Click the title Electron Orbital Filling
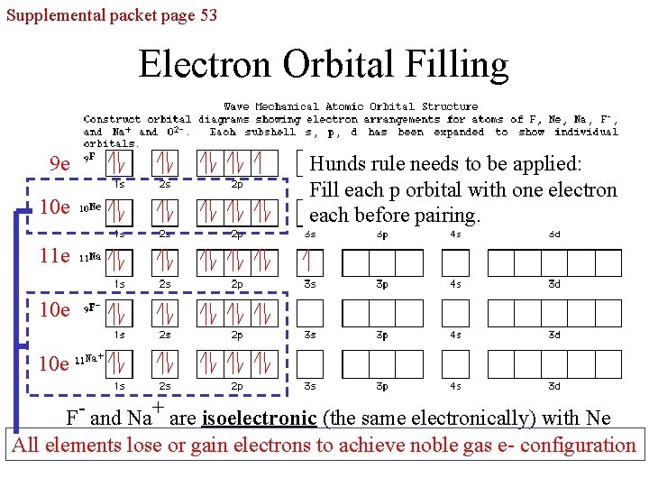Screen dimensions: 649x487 [x=324, y=65]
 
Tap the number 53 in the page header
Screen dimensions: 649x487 [x=205, y=14]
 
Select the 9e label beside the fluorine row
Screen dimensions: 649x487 [x=60, y=164]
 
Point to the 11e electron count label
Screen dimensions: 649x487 [x=54, y=256]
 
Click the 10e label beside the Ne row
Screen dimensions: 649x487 [x=54, y=207]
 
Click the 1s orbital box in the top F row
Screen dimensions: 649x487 [x=119, y=163]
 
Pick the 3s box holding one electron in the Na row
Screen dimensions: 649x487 [x=310, y=262]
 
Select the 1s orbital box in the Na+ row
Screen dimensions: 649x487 [x=119, y=363]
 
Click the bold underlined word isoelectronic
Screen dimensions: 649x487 [x=260, y=418]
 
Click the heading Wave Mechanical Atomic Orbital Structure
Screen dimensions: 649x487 [x=351, y=106]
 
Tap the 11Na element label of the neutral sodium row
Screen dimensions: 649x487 [x=89, y=257]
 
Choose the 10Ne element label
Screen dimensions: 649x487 [x=89, y=207]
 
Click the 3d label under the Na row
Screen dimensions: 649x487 [x=554, y=285]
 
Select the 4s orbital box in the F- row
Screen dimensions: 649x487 [x=454, y=313]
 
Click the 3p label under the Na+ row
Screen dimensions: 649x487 [x=382, y=386]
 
